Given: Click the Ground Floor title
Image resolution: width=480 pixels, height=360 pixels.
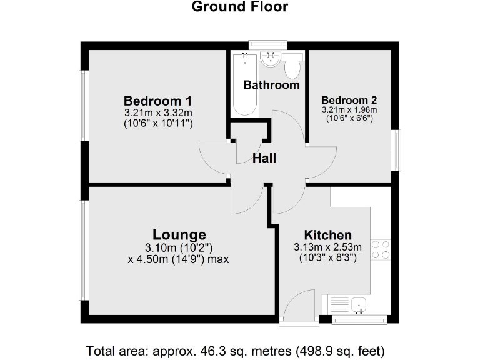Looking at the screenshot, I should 240,7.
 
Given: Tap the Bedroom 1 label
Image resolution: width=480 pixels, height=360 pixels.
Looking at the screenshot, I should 157,101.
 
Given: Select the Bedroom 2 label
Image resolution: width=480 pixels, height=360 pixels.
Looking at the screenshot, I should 349,100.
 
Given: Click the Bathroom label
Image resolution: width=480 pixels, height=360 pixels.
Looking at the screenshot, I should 271,84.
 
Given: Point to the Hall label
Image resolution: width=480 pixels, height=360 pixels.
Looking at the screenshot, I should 264,159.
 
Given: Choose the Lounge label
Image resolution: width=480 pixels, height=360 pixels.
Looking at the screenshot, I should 179,235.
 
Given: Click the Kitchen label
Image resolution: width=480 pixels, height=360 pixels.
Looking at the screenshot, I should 327,235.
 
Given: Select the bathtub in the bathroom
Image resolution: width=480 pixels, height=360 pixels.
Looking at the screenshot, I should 243,84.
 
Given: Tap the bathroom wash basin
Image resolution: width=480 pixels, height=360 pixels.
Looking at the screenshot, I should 271,61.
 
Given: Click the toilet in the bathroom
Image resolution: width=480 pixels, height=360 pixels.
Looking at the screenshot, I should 292,64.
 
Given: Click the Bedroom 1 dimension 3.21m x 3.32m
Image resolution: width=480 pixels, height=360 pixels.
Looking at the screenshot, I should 157,113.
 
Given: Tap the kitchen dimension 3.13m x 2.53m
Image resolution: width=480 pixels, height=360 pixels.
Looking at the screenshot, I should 327,247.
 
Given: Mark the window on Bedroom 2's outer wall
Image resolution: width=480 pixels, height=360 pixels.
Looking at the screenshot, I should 395,149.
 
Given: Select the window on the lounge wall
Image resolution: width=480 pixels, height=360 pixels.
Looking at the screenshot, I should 84,250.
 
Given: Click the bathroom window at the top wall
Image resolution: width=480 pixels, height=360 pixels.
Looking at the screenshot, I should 267,44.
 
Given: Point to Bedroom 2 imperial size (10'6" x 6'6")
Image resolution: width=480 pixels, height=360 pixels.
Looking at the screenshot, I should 349,118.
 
